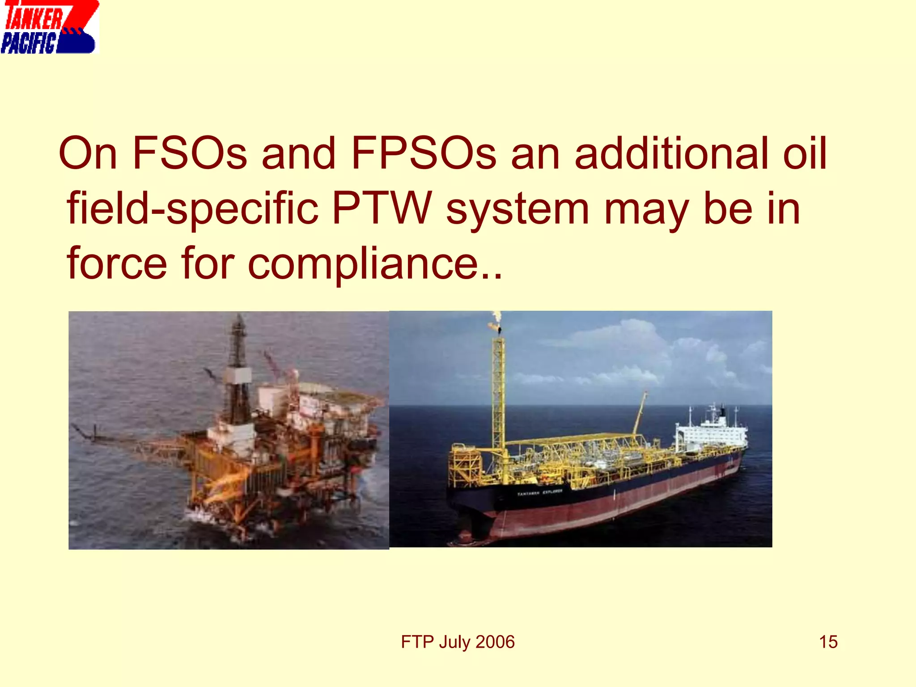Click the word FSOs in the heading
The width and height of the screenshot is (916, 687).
[190, 153]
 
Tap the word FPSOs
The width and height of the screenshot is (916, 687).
[423, 153]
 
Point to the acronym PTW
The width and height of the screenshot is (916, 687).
[382, 208]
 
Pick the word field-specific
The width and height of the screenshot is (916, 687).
[193, 208]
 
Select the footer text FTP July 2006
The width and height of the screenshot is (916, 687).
[458, 642]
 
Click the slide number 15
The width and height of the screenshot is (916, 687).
[828, 642]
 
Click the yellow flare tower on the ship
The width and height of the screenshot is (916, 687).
[499, 394]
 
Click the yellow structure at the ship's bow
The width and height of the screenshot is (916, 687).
[465, 465]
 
